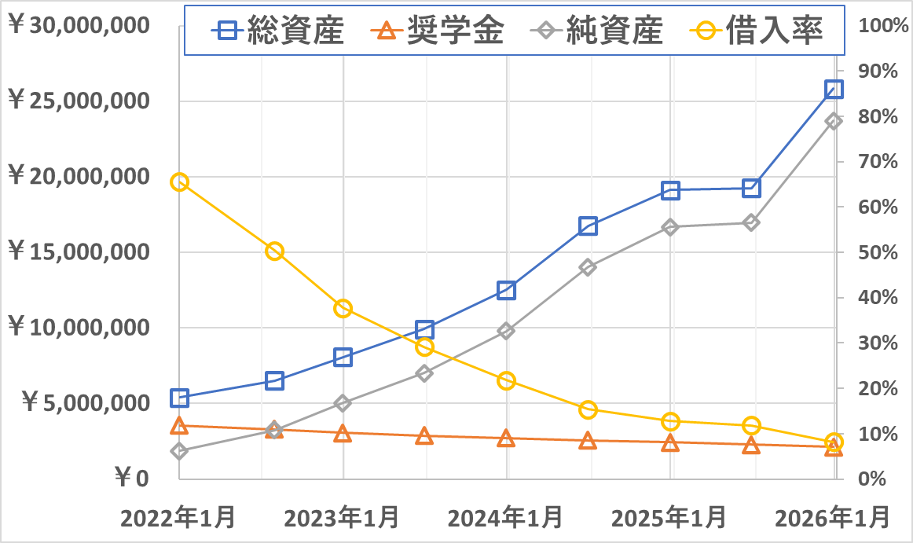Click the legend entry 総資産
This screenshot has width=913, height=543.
point(279,31)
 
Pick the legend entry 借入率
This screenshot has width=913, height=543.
point(758,31)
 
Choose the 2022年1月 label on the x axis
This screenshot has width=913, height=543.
point(178,519)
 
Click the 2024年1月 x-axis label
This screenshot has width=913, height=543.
point(506,519)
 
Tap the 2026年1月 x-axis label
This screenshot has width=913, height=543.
point(833,519)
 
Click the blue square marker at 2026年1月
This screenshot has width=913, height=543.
point(834,89)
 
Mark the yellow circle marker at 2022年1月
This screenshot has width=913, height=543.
point(179,182)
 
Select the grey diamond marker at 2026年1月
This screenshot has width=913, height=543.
point(834,121)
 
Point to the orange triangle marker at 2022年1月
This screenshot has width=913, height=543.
point(179,426)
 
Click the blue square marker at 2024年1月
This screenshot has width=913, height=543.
point(506,291)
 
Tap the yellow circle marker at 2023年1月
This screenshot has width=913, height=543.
point(343,309)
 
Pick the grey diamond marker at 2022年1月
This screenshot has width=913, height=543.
point(179,451)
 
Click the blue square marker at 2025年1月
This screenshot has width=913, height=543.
point(670,190)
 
